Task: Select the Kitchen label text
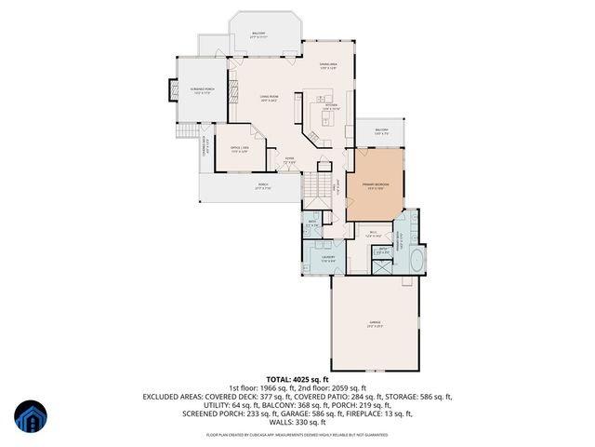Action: point(330,106)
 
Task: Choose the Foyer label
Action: point(290,159)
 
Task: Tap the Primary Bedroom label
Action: point(377,185)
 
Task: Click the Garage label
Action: point(375,323)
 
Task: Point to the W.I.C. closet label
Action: point(373,233)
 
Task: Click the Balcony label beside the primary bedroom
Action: point(381,130)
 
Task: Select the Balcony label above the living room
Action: point(259,34)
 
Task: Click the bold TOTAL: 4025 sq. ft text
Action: point(297,380)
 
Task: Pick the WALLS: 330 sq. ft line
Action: point(297,413)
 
